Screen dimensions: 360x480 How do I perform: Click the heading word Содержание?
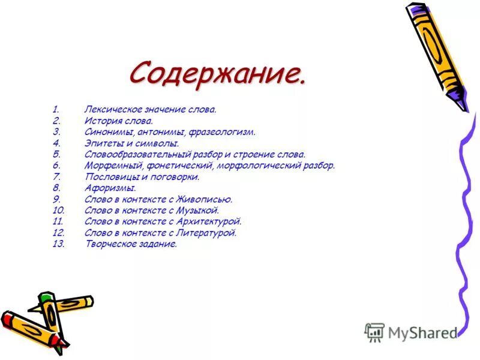coord(217,73)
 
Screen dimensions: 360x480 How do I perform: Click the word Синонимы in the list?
coord(106,132)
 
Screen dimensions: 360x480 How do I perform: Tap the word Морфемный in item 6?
coord(106,166)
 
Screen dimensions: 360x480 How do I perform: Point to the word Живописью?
coord(210,199)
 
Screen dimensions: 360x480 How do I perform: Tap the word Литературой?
coord(211,233)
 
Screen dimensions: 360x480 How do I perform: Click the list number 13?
coord(58,244)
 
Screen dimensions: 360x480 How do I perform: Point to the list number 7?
coord(56,177)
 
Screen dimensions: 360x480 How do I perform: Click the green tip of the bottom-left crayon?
coord(44,296)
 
